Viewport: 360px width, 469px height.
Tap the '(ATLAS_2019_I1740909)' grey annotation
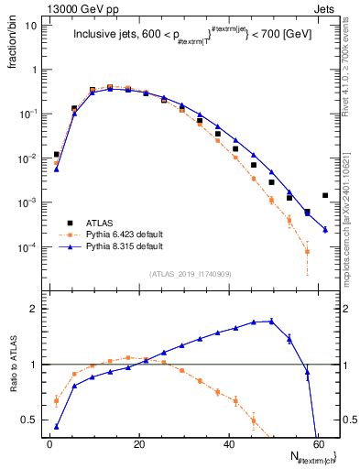coord(191,273)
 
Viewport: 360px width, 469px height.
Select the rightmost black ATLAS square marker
coord(325,195)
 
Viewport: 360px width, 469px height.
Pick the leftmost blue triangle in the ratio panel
coord(57,427)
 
